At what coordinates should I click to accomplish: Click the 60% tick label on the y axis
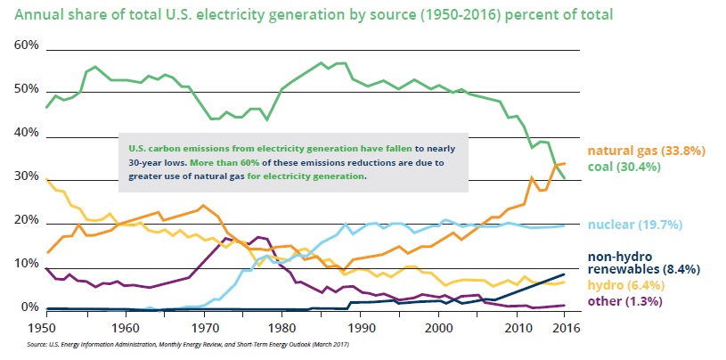coord(27,45)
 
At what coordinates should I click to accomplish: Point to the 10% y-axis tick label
coord(27,265)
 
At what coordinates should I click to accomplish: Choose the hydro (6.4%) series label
coord(625,285)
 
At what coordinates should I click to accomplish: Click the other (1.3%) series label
coord(624,301)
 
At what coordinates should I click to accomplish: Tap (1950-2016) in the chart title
coord(461,16)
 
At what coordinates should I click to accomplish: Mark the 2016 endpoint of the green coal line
coord(564,178)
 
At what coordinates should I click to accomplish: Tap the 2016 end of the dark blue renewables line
coord(564,274)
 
